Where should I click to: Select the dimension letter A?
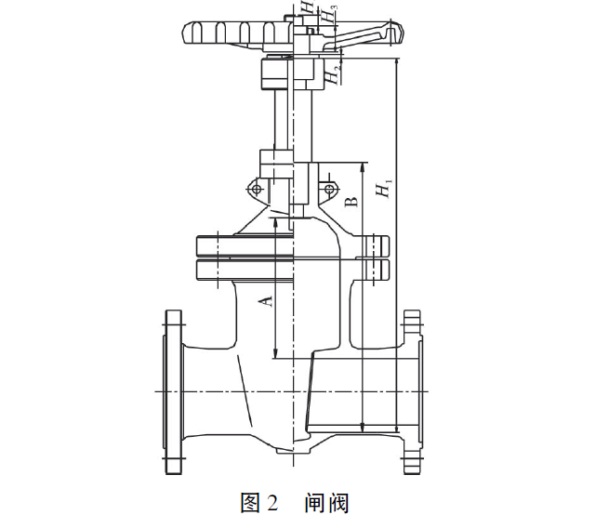(x=264, y=299)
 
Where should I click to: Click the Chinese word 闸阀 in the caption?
(x=325, y=503)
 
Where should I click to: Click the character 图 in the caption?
(x=250, y=503)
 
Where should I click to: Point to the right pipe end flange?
(x=413, y=391)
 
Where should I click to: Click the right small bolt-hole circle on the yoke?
(x=331, y=191)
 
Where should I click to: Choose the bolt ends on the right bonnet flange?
(x=384, y=257)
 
